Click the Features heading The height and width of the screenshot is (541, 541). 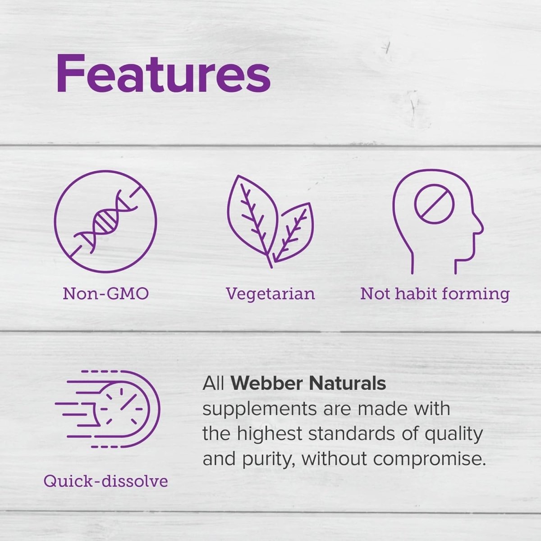click(x=163, y=73)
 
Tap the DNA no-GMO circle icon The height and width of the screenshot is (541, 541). click(x=105, y=221)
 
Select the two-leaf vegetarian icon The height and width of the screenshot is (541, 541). click(x=270, y=221)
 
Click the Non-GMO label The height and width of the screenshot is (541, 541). click(x=105, y=294)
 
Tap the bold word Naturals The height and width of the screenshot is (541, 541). click(x=347, y=384)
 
